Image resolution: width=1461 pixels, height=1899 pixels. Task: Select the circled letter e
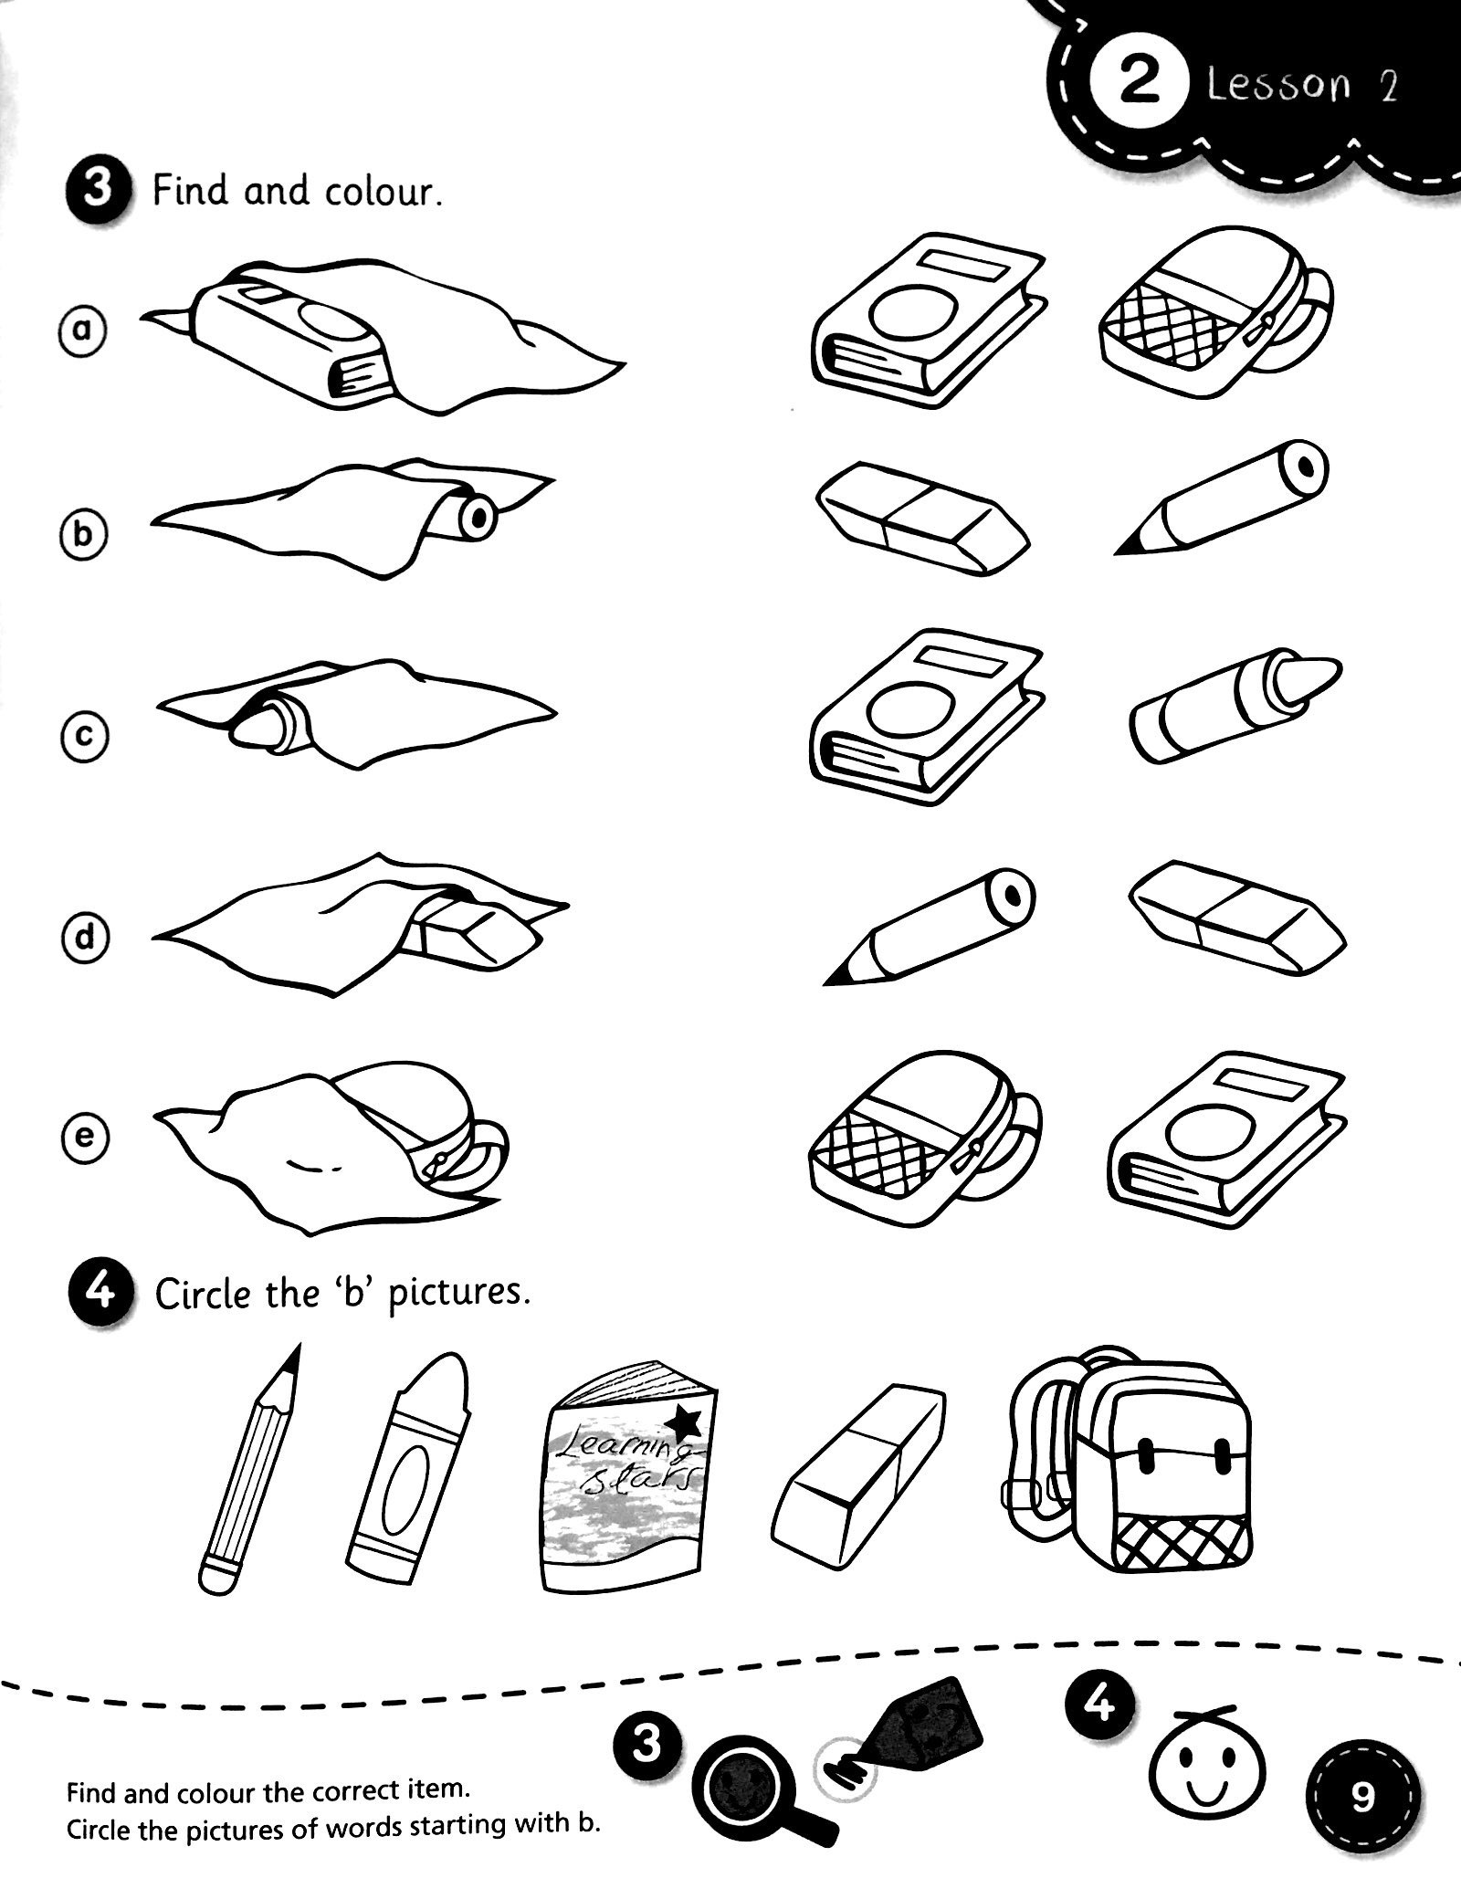point(83,1138)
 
